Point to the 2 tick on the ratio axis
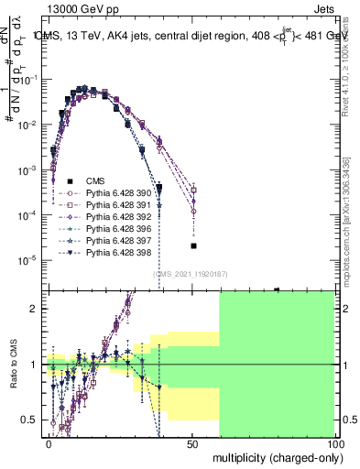click(x=38, y=308)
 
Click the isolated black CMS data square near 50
click(x=193, y=245)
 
